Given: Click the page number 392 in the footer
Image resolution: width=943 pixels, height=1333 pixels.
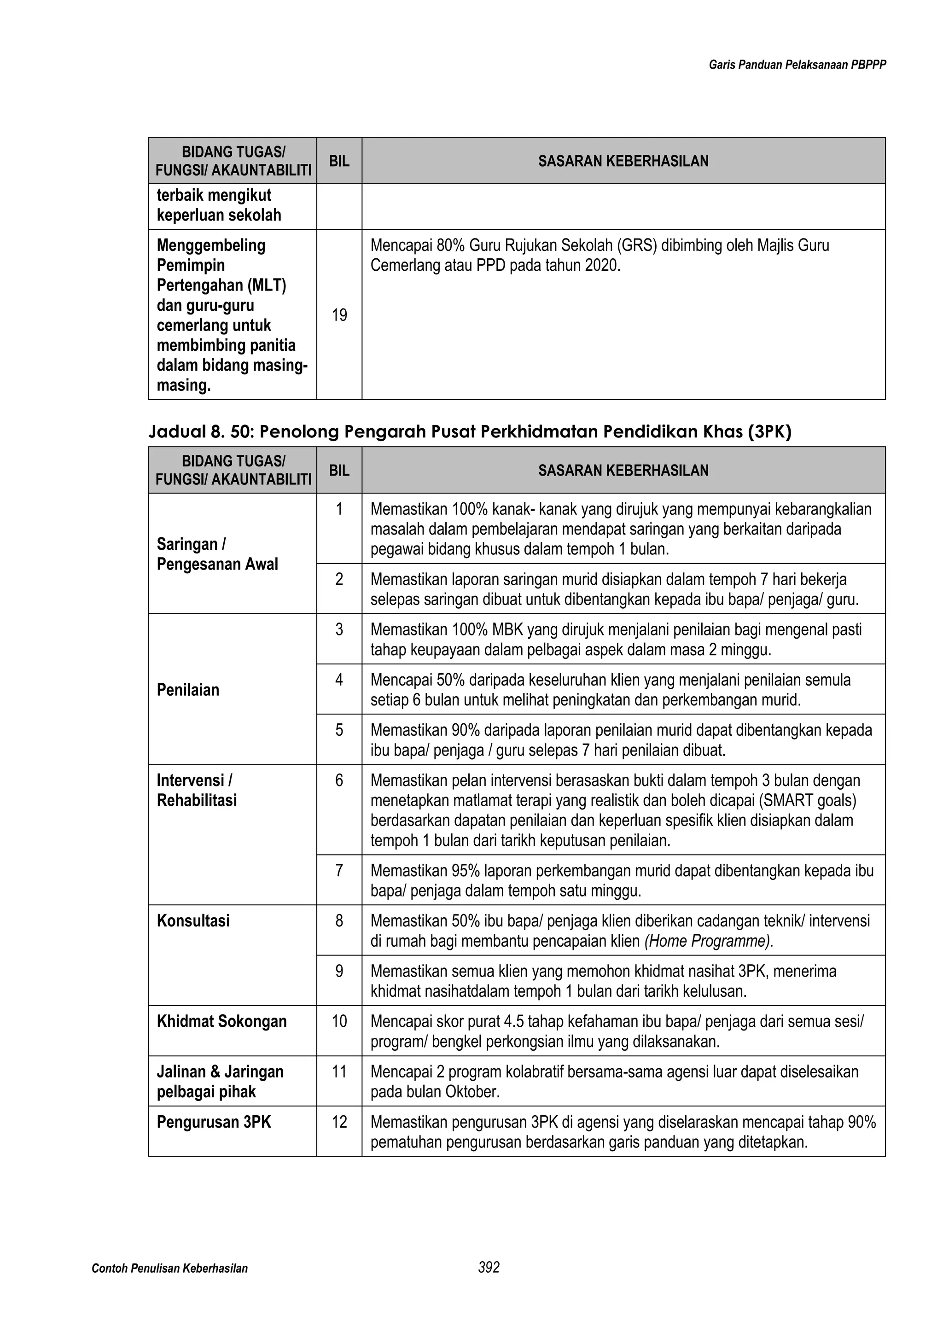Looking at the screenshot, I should [489, 1268].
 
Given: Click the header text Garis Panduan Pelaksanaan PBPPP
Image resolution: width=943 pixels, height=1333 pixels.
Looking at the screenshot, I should [797, 65].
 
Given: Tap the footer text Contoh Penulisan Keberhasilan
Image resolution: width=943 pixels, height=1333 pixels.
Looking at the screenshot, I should [169, 1269].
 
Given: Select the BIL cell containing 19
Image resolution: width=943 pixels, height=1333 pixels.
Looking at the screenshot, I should [339, 315].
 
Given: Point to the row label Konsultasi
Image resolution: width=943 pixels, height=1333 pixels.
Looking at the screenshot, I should [193, 921].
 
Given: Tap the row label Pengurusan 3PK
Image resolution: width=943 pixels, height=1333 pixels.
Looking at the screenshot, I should [214, 1122].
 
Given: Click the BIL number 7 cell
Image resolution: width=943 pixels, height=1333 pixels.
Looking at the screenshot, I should [339, 871].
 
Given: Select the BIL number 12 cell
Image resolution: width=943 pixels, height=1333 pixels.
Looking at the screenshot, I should [339, 1122].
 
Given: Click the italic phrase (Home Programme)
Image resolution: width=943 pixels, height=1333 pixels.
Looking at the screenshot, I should [709, 941].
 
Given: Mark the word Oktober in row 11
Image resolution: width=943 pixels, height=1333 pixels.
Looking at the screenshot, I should [471, 1092].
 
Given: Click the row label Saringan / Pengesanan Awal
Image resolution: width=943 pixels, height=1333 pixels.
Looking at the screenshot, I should [217, 554].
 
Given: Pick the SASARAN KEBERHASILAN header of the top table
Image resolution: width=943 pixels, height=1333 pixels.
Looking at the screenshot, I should [623, 162].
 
